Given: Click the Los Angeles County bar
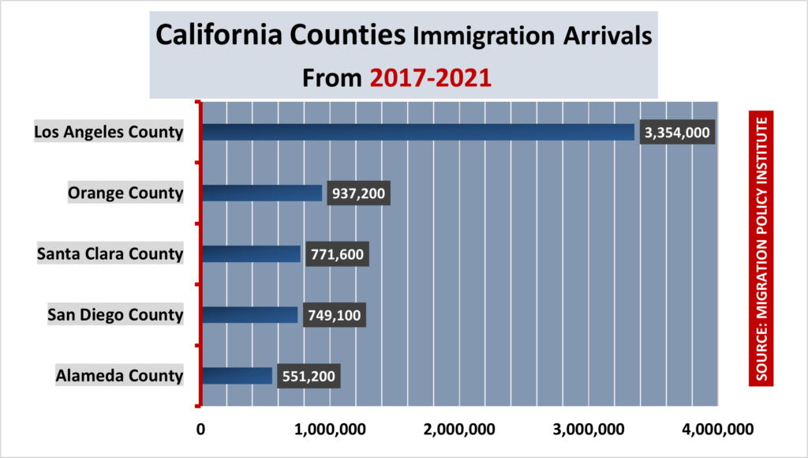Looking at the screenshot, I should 418,132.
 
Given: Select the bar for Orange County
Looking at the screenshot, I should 262,193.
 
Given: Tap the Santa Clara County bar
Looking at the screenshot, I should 252,253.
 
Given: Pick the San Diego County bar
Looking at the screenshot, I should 250,314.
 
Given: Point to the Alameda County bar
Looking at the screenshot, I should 237,375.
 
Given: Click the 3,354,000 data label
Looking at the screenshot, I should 677,133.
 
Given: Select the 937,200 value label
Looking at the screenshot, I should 358,193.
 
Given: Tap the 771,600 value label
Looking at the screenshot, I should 337,254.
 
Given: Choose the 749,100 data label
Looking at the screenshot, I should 335,315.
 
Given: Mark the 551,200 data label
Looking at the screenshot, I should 309,376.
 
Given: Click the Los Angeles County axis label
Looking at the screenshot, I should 109,131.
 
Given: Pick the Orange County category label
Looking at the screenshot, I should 125,192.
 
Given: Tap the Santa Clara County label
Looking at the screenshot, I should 110,253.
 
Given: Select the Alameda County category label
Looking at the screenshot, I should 119,375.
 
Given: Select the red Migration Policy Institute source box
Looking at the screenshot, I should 761,249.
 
